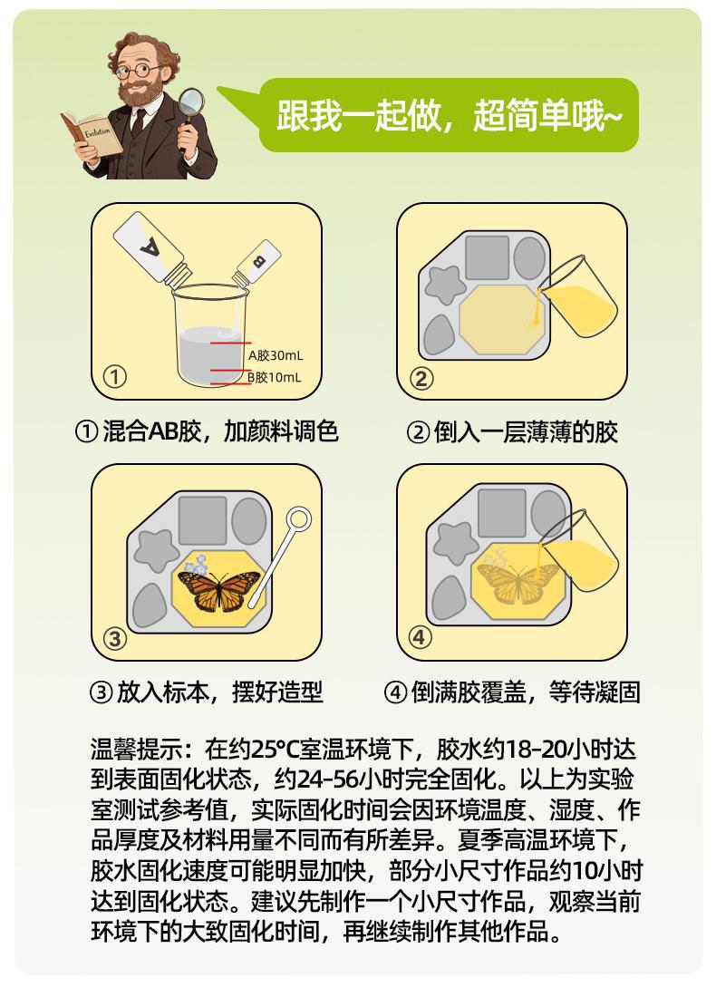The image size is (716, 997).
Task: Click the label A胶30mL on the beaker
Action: point(276,355)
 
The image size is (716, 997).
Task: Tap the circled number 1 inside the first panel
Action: point(114,376)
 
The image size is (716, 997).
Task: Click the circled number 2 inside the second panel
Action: point(421,378)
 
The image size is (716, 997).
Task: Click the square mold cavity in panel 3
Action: point(203,520)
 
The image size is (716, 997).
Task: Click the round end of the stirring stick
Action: point(298,519)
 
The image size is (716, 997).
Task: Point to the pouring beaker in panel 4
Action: point(578,549)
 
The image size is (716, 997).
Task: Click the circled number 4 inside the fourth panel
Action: point(420,636)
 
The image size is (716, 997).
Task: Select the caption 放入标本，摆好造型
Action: point(207,692)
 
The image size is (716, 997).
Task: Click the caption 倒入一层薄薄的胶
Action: point(512,432)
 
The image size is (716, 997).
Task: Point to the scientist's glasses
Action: point(139,71)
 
